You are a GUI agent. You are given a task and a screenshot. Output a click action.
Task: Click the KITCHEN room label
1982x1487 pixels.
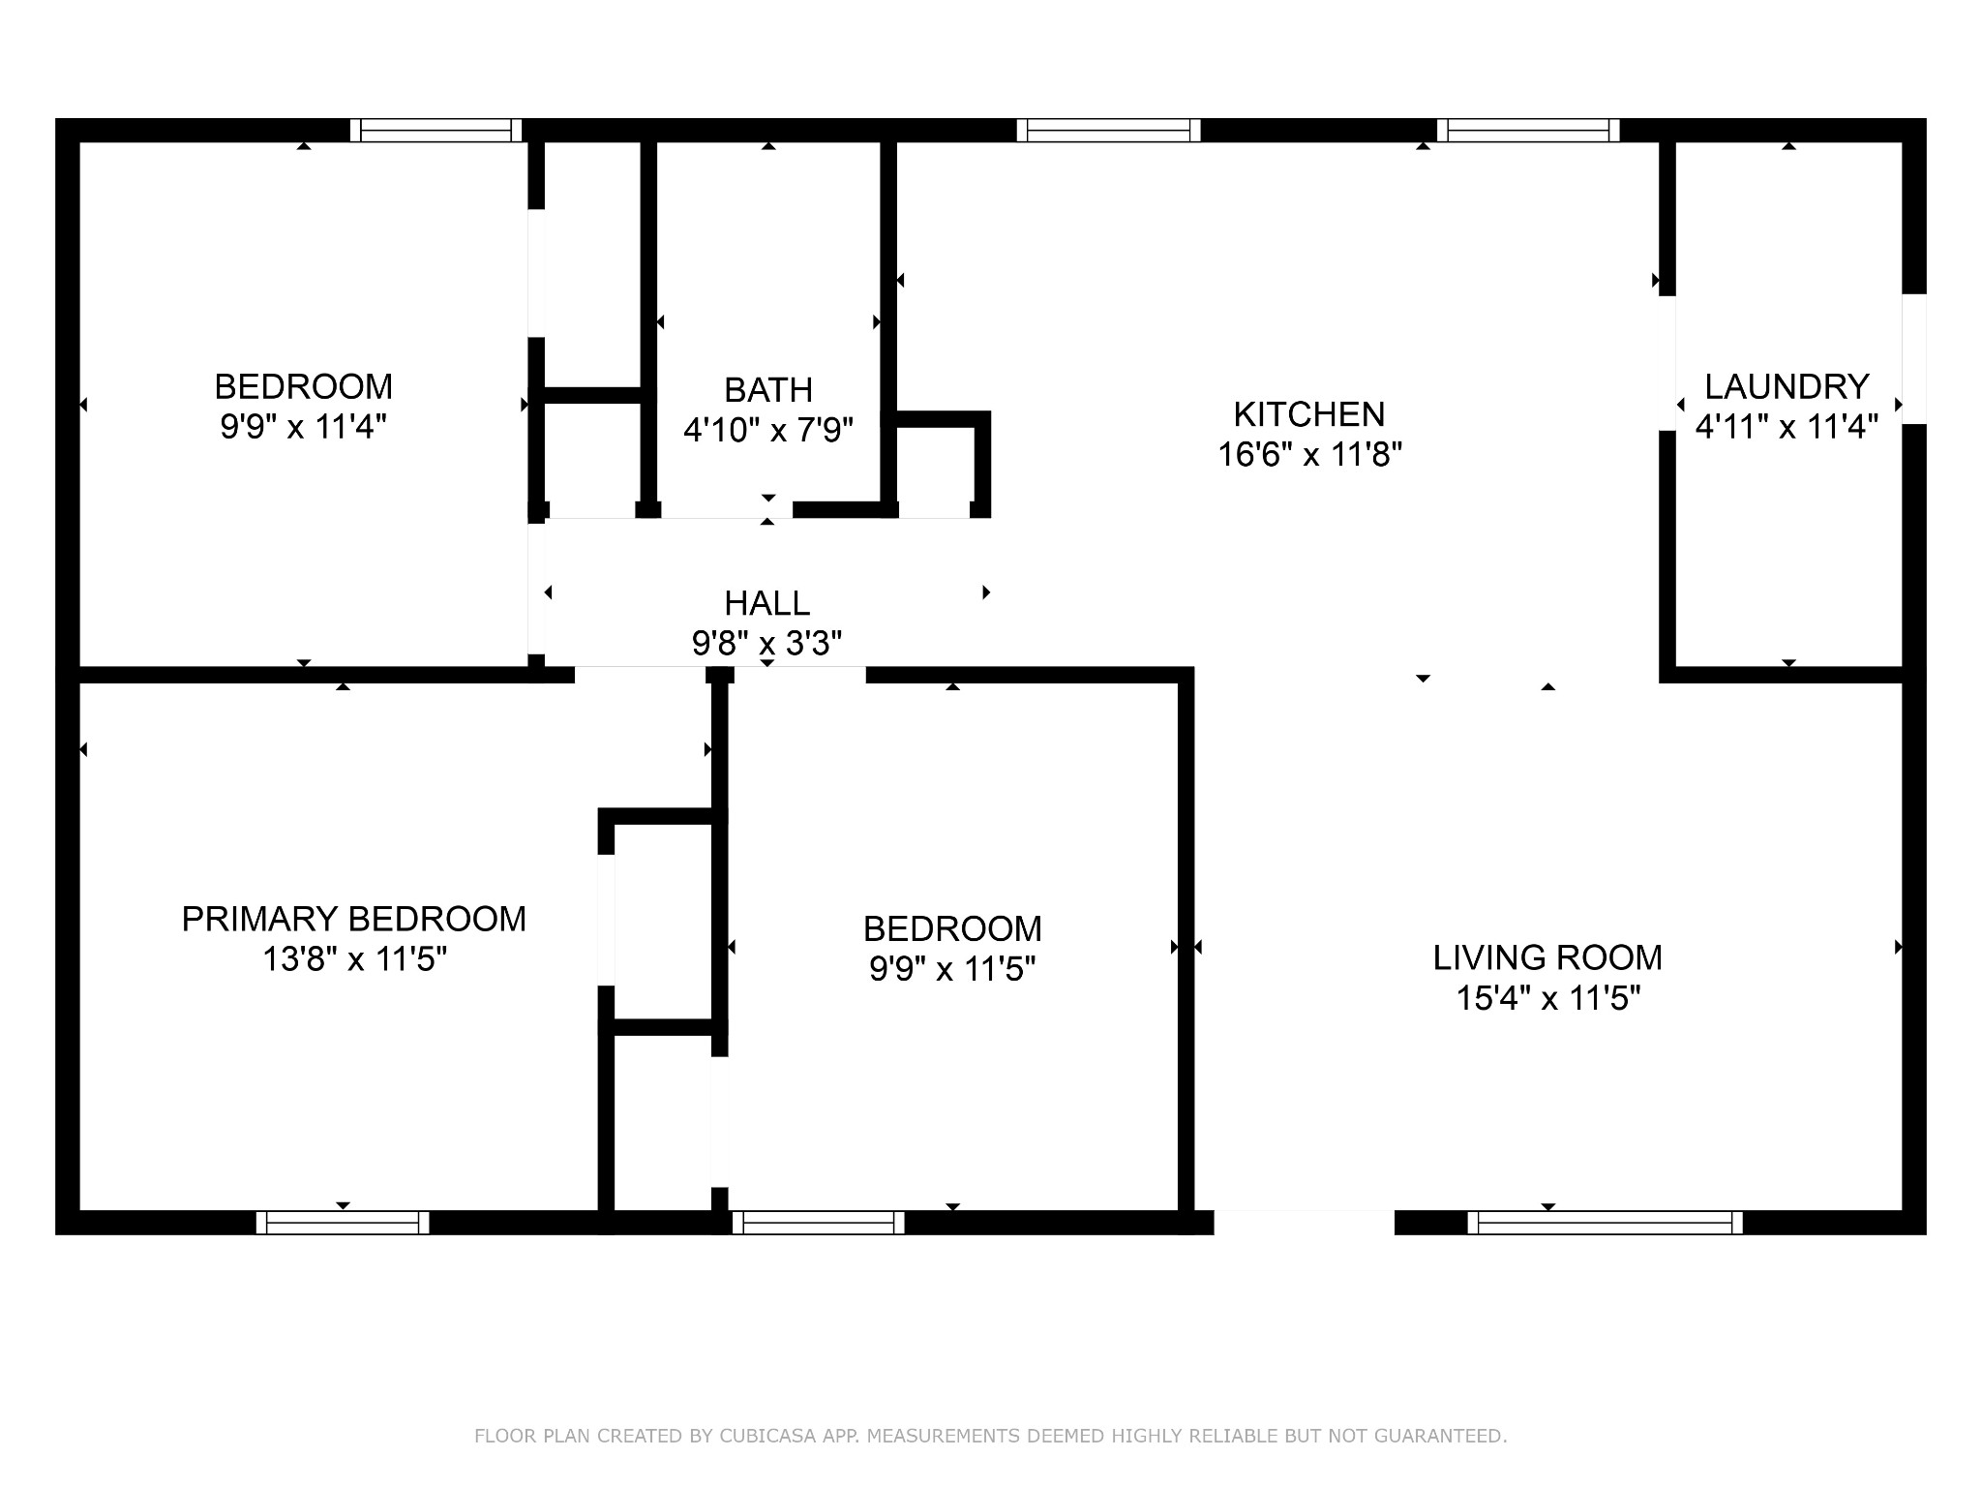pyautogui.click(x=1308, y=414)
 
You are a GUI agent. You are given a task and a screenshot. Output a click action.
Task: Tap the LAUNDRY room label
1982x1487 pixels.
pyautogui.click(x=1787, y=387)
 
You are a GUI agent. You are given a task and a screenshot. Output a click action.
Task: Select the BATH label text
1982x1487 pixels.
pyautogui.click(x=768, y=390)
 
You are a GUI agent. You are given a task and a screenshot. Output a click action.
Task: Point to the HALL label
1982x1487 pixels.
pyautogui.click(x=766, y=603)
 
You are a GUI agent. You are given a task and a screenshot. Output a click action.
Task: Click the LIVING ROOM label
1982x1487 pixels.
pyautogui.click(x=1547, y=957)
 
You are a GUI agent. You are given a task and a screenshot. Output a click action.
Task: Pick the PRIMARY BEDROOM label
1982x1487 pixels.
pyautogui.click(x=354, y=919)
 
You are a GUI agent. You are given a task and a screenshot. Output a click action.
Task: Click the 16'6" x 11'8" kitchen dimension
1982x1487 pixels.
pyautogui.click(x=1309, y=454)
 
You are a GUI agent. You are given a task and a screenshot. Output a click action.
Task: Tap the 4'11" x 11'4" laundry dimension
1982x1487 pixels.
pyautogui.click(x=1787, y=427)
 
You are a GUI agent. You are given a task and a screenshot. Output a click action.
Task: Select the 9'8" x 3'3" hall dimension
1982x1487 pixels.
pyautogui.click(x=766, y=643)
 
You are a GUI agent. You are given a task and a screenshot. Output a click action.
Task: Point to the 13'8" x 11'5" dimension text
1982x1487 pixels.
pyautogui.click(x=354, y=959)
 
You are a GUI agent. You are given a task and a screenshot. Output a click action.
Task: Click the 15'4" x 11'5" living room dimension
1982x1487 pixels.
pyautogui.click(x=1548, y=998)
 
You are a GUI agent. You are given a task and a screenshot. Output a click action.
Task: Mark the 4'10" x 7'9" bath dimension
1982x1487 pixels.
pyautogui.click(x=768, y=430)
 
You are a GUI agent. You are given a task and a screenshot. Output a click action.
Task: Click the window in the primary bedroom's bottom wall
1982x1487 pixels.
pyautogui.click(x=343, y=1223)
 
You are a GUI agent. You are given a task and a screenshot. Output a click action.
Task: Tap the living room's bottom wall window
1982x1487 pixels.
pyautogui.click(x=1606, y=1223)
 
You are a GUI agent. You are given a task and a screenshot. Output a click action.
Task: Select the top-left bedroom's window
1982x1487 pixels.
pyautogui.click(x=435, y=131)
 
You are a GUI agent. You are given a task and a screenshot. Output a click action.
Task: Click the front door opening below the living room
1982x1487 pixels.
pyautogui.click(x=1304, y=1223)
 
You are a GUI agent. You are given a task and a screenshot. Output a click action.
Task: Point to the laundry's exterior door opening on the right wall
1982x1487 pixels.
pyautogui.click(x=1914, y=359)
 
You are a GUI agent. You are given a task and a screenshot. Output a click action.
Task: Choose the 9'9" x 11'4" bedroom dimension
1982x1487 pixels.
pyautogui.click(x=304, y=427)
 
